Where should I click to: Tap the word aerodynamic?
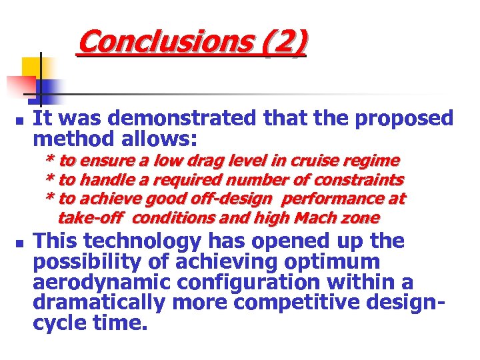(95, 282)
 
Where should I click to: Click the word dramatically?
(99, 303)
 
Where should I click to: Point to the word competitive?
(289, 303)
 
